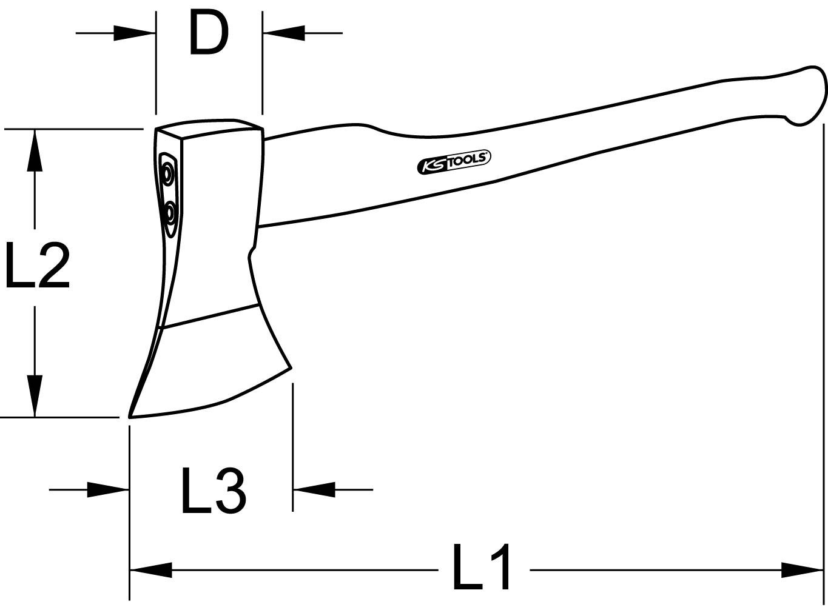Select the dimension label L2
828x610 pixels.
pos(37,265)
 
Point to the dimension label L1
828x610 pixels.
pos(483,568)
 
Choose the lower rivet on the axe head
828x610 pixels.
pos(170,212)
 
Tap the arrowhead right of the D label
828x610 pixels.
pos(284,33)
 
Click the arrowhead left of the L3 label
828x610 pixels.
pos(108,489)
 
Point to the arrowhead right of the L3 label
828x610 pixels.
pos(314,489)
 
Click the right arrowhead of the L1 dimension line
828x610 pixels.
pos(802,570)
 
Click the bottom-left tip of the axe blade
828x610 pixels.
pos(130,416)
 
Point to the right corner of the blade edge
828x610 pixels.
pos(291,367)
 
